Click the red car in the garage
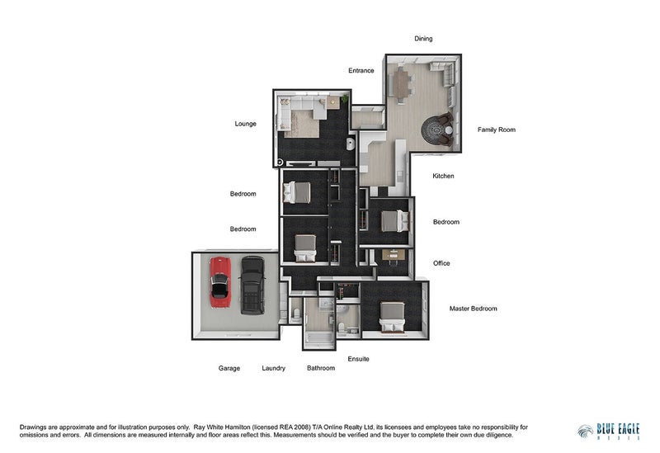click(220, 282)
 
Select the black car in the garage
click(252, 285)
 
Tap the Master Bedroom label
click(473, 309)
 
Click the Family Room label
click(497, 130)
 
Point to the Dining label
click(423, 38)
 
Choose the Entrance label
click(361, 70)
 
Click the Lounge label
click(245, 124)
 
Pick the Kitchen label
click(443, 176)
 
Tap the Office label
click(441, 263)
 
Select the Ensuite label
click(359, 359)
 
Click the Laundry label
click(274, 368)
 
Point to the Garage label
click(229, 368)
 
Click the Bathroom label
click(321, 368)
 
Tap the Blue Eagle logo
click(609, 432)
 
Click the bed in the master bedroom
click(393, 317)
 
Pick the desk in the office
click(394, 254)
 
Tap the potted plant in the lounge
click(344, 99)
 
